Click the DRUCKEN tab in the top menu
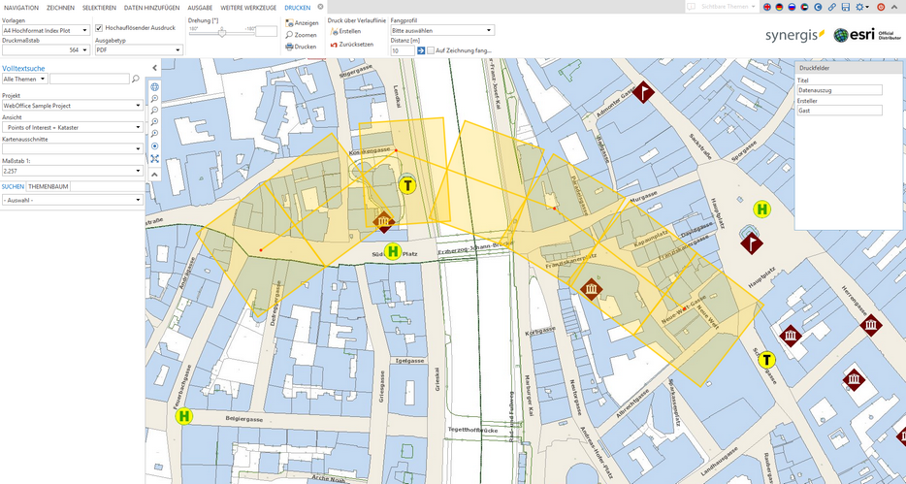tap(298, 7)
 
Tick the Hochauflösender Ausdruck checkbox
tap(99, 28)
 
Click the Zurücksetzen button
tap(352, 45)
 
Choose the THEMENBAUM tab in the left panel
tap(49, 185)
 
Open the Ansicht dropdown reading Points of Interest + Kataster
tap(73, 126)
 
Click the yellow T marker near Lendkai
tap(408, 185)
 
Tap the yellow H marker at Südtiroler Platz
tap(393, 252)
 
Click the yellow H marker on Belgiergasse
tap(184, 417)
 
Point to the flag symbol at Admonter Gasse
tap(645, 93)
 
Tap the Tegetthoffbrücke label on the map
tap(472, 429)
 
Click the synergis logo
tap(795, 36)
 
